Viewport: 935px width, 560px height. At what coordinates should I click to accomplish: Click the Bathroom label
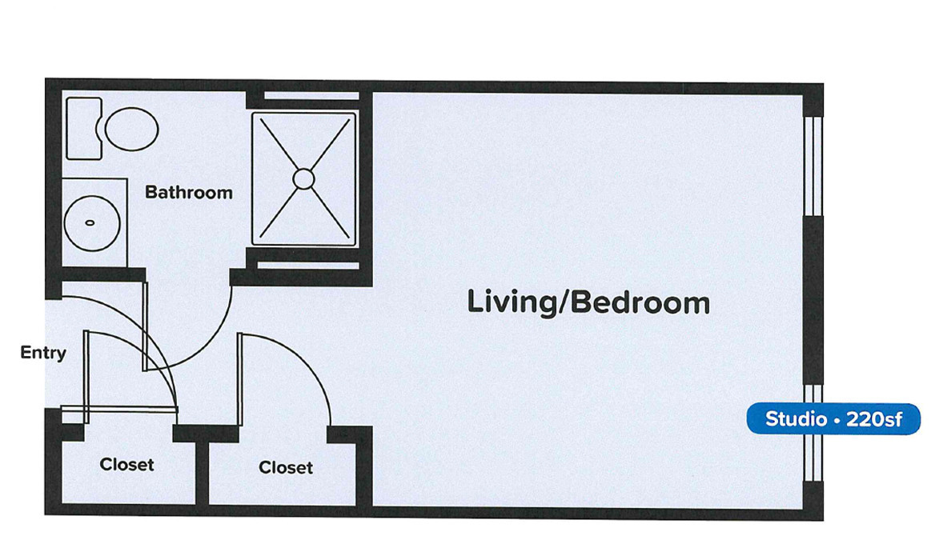click(189, 193)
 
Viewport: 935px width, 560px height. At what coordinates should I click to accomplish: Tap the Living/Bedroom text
click(588, 303)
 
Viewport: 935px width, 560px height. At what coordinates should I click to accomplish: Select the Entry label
click(43, 353)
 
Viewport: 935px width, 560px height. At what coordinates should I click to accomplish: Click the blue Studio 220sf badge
click(833, 419)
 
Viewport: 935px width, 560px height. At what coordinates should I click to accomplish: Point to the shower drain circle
click(303, 178)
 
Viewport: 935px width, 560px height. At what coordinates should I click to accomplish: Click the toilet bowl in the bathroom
click(132, 129)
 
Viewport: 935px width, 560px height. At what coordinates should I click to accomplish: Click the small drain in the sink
click(90, 222)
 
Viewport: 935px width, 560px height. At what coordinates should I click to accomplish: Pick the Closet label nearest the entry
click(126, 464)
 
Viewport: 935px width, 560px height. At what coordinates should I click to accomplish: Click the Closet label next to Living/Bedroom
click(286, 467)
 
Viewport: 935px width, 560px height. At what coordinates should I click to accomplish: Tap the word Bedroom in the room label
click(641, 303)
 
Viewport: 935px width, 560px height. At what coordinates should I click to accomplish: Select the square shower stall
click(303, 178)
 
